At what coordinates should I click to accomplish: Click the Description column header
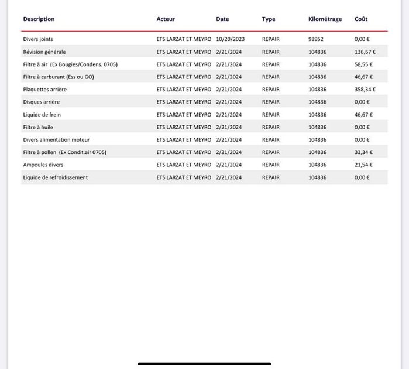point(39,19)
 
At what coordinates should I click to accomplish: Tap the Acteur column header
point(166,19)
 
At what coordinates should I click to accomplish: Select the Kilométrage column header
point(325,19)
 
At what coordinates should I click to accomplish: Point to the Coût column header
point(361,19)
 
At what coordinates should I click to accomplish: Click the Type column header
point(269,19)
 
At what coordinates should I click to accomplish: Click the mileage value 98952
point(316,39)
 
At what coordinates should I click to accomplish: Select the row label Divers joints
point(38,39)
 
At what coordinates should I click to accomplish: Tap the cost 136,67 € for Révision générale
point(365,52)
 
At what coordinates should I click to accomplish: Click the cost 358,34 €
point(365,90)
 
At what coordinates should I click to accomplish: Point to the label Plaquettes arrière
point(45,90)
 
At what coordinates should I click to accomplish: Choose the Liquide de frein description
point(42,115)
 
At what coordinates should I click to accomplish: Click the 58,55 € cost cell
point(363,64)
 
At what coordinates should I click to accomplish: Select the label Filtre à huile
point(38,127)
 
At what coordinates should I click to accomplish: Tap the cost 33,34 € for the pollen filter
point(363,152)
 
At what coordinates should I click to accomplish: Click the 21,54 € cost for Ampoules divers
point(363,165)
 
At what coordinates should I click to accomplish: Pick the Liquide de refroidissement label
point(56,177)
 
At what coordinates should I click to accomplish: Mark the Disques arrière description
point(42,102)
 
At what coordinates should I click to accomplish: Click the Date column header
point(222,19)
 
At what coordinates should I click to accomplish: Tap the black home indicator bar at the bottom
point(204,364)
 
